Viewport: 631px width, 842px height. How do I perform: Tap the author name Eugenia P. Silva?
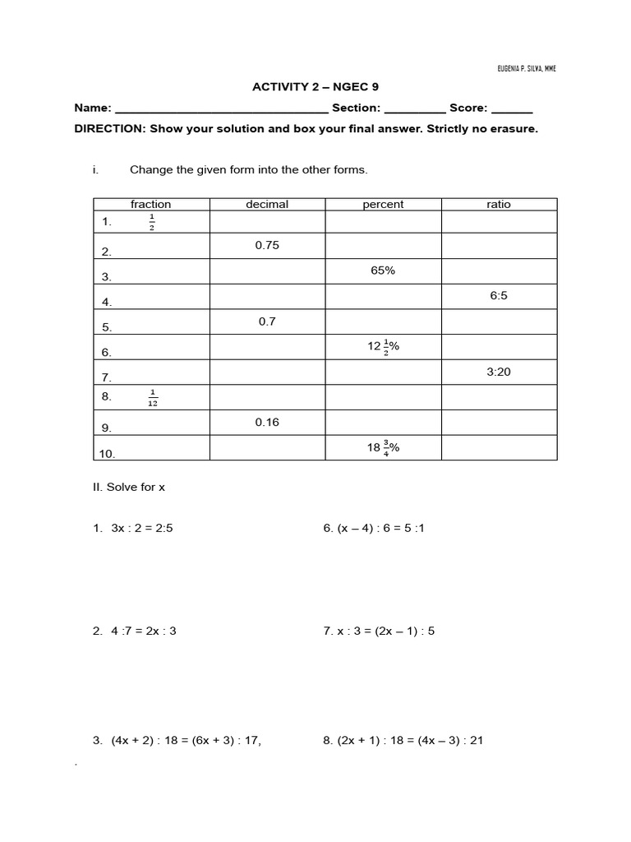point(527,68)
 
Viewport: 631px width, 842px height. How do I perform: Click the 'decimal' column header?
point(267,205)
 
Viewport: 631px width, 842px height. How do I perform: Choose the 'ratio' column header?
point(499,205)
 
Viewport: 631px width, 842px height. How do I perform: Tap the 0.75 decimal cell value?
point(267,245)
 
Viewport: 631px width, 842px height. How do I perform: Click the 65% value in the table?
point(383,270)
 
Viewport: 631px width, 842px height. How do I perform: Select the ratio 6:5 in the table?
point(499,295)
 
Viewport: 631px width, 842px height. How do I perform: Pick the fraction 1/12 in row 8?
point(153,398)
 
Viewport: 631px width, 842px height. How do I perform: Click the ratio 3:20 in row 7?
point(499,372)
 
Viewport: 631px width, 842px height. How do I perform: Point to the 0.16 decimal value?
point(267,422)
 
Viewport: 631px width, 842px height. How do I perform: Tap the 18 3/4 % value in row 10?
point(383,448)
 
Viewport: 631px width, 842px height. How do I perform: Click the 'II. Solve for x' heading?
point(129,487)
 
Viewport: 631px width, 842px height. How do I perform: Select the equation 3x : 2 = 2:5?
point(142,529)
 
